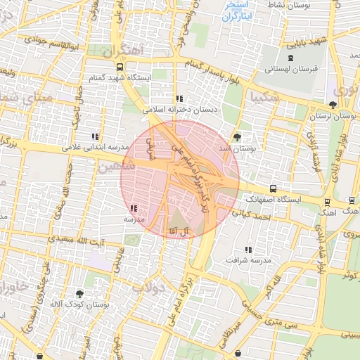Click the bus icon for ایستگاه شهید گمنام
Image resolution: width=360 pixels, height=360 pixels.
(120, 67)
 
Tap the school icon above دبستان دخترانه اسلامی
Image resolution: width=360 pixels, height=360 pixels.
(180, 98)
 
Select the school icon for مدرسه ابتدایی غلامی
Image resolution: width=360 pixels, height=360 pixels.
(95, 136)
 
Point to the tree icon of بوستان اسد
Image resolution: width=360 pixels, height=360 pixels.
(237, 136)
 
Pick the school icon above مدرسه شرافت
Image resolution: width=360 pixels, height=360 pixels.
(247, 249)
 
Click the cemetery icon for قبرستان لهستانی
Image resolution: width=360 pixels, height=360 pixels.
(291, 58)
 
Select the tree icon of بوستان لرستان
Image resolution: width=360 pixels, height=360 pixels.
(333, 105)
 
